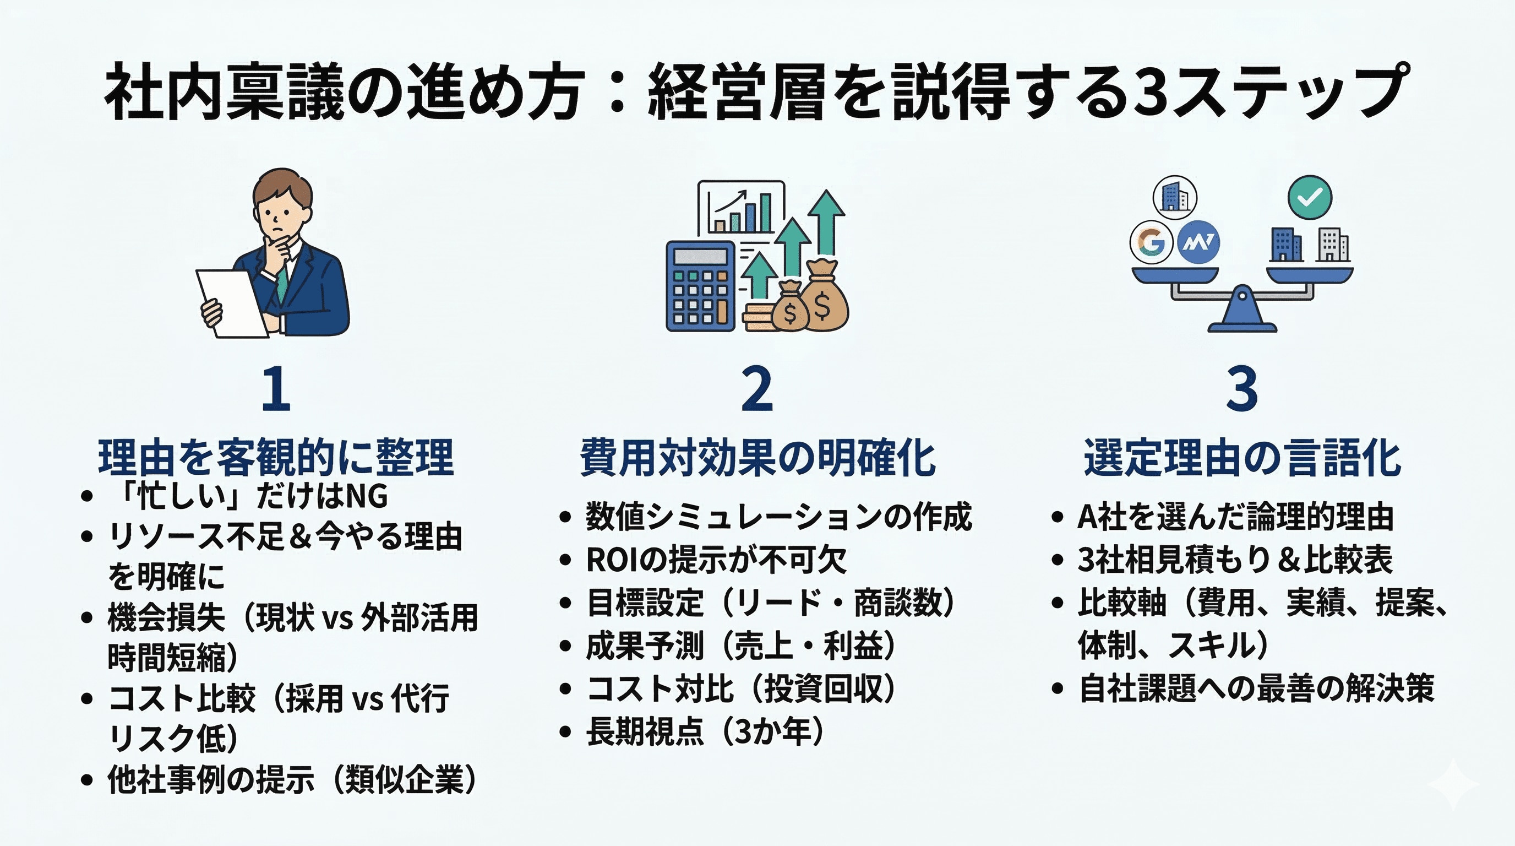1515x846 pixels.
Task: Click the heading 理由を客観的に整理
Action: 276,457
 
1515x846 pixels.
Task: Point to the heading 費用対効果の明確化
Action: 757,457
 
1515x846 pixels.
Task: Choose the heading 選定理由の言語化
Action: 1242,457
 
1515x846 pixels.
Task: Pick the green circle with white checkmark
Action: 1310,198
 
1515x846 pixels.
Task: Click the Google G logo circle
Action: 1151,242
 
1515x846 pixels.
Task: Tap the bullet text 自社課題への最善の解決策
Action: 1256,688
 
